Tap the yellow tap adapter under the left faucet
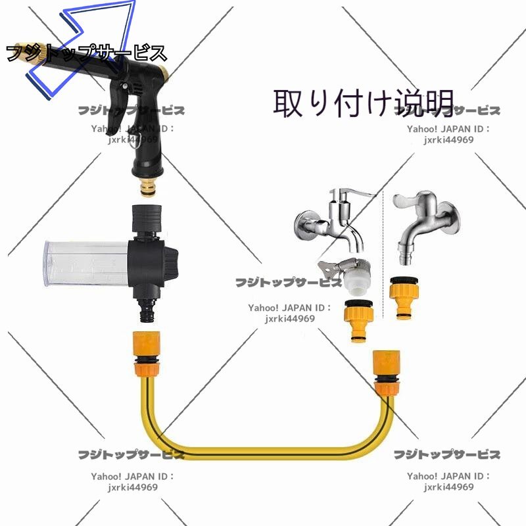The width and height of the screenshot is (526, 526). coord(358,319)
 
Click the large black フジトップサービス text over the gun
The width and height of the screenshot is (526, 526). coord(85,53)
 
